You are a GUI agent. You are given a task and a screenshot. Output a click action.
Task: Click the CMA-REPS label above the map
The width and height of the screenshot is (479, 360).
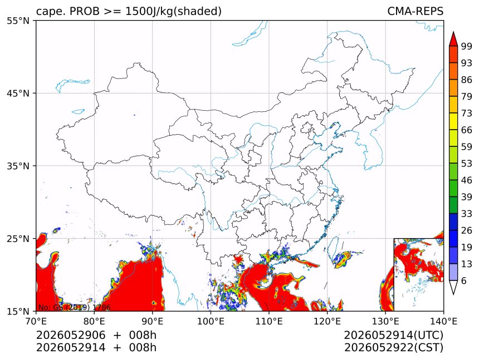[415, 11]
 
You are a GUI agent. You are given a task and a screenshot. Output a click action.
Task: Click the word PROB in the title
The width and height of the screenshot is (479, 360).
[85, 11]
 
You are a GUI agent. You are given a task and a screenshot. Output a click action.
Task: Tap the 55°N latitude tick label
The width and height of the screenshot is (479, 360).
[18, 21]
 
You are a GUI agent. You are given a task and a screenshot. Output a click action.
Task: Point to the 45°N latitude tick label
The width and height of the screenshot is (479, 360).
[18, 93]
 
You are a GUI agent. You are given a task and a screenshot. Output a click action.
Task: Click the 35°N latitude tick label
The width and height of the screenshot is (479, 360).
[18, 166]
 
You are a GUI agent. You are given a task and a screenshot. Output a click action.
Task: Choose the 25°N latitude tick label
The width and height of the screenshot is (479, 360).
[18, 238]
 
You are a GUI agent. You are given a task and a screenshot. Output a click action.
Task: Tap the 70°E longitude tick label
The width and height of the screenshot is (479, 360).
[36, 321]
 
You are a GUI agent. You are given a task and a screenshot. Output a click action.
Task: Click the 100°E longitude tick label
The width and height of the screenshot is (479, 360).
[211, 321]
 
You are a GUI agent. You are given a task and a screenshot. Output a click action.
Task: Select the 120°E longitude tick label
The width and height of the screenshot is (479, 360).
[327, 321]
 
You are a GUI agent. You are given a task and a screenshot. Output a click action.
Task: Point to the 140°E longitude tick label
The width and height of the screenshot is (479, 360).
[443, 321]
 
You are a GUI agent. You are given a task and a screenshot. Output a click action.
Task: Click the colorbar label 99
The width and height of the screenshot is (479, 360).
[467, 46]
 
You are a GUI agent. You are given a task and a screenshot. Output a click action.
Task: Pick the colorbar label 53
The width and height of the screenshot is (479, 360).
[467, 164]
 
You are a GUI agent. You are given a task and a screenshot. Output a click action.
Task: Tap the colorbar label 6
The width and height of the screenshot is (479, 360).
[464, 280]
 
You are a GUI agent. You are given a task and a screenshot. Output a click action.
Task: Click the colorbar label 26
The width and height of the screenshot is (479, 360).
[467, 230]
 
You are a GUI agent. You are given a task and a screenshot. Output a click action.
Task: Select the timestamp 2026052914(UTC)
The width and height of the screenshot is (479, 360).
[393, 336]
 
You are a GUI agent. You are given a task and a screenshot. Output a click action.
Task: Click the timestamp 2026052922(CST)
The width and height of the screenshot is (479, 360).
[393, 348]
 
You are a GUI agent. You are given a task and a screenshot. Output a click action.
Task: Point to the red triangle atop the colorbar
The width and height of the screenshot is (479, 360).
[453, 39]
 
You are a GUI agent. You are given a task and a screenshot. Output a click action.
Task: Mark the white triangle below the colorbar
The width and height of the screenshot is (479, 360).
[453, 287]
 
